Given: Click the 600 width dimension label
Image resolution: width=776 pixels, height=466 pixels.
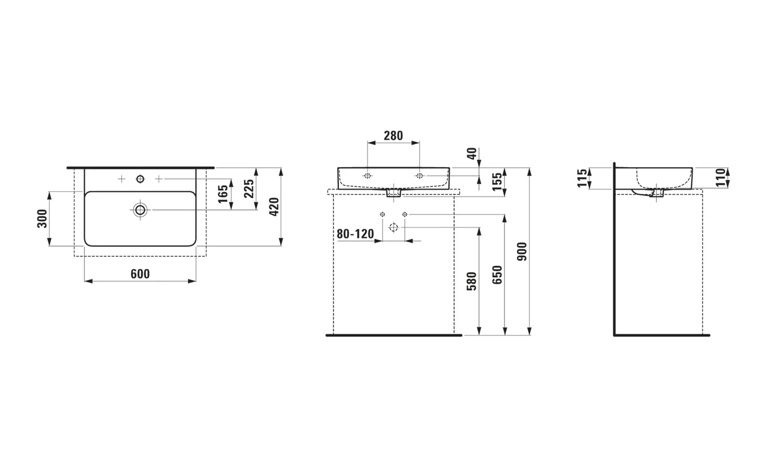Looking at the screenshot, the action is tap(140, 274).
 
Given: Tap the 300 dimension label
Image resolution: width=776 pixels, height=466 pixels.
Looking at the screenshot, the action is tap(42, 218).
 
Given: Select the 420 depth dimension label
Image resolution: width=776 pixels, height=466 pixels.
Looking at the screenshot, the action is tap(274, 207).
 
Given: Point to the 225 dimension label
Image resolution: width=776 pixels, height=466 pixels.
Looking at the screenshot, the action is tap(249, 188).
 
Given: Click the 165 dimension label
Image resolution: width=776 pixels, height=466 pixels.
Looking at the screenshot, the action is tap(223, 194).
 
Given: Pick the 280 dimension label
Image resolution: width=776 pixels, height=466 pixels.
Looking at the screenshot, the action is tap(393, 136).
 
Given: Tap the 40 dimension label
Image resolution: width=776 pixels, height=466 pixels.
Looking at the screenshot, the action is tap(472, 154).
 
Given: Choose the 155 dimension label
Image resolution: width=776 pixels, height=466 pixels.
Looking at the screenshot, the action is tap(497, 182).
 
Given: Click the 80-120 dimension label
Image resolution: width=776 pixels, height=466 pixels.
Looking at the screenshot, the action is tap(355, 234).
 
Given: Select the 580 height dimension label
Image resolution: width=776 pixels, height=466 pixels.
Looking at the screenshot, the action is tap(471, 281).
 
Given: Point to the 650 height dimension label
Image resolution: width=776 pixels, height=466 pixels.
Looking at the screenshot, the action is tap(497, 275).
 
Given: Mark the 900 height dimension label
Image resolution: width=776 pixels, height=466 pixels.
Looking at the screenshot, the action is tap(522, 252).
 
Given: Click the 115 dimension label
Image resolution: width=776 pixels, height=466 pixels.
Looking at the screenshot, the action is tap(582, 178).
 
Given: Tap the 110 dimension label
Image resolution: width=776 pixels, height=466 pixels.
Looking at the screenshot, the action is tap(721, 178).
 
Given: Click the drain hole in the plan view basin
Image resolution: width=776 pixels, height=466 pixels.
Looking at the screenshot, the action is tap(140, 210).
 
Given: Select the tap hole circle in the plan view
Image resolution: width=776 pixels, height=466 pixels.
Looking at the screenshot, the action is tap(140, 179).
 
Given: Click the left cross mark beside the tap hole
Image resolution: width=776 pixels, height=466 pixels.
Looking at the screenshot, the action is tap(121, 179).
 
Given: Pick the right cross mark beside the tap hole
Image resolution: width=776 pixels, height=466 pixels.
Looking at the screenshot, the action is tap(159, 179).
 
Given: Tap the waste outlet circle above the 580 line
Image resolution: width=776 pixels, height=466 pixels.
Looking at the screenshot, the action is tap(393, 227).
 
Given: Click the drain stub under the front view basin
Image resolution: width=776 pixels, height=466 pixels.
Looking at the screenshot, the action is tap(393, 193).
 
